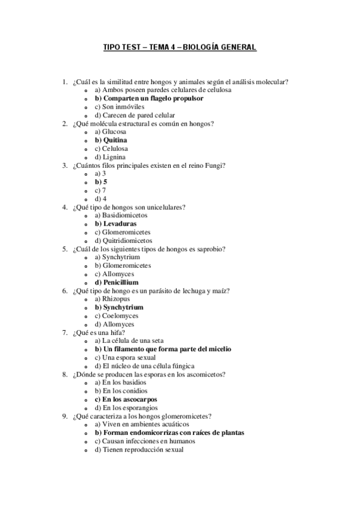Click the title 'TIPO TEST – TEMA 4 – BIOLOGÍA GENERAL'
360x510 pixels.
click(180, 47)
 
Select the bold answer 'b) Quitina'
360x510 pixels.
click(111, 140)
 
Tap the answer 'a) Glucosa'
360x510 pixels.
click(111, 132)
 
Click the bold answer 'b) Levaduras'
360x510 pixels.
click(115, 224)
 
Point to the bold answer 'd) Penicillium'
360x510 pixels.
click(117, 282)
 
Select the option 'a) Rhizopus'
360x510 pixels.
click(112, 299)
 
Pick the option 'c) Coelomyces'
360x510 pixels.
click(117, 316)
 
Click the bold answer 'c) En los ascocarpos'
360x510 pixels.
click(126, 399)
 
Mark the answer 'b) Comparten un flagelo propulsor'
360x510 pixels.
click(148, 98)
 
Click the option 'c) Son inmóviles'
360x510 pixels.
click(119, 106)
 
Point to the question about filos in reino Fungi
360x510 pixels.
click(152, 165)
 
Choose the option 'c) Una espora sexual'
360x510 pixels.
click(127, 357)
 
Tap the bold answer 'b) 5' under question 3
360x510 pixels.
click(101, 182)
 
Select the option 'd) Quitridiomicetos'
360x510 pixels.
click(123, 241)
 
